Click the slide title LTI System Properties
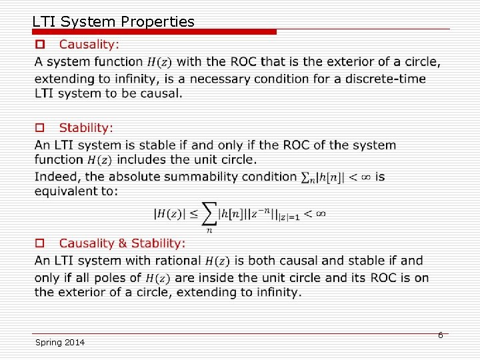tap(113, 21)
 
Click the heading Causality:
tap(89, 45)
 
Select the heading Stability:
tap(86, 127)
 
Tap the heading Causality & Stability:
tap(122, 243)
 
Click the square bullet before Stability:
tap(40, 127)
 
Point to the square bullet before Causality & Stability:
tap(40, 243)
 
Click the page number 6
tap(440, 335)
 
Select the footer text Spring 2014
tap(60, 342)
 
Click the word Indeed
tap(55, 177)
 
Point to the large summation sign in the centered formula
tap(209, 214)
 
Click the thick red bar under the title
tap(153, 31)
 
